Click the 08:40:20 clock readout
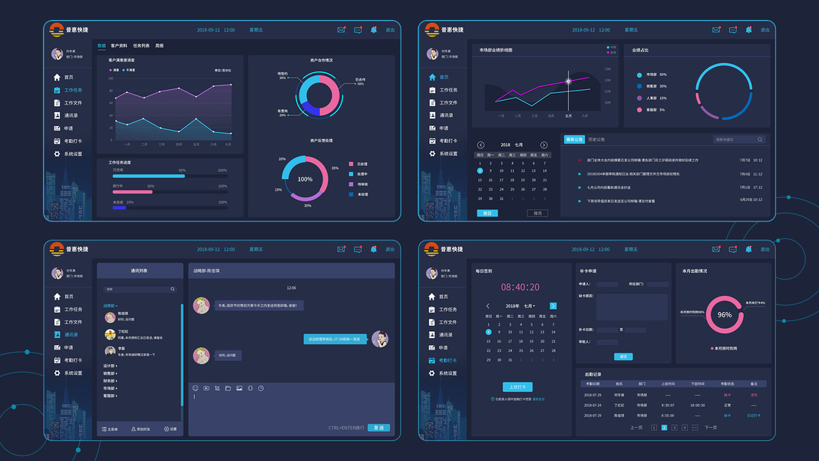pos(520,287)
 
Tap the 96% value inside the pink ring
pos(725,315)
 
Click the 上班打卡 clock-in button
pos(518,386)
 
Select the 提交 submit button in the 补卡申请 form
pos(623,357)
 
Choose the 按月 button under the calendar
pos(537,213)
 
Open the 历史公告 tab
pos(596,140)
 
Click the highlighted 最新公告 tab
pos(574,140)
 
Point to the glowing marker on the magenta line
pos(569,81)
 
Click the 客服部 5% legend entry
pos(655,110)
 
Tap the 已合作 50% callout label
pos(360,81)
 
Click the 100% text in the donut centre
pos(305,179)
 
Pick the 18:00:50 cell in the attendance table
pos(697,405)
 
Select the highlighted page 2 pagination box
pos(664,427)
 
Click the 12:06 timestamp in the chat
pos(291,288)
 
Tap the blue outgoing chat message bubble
pos(335,339)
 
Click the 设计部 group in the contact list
pos(110,366)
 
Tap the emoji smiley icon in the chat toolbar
pos(196,388)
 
